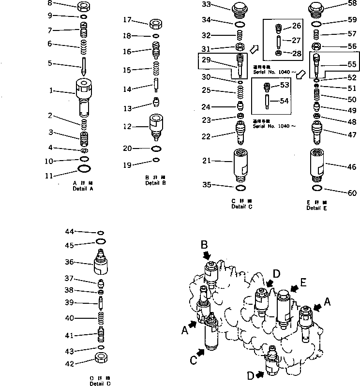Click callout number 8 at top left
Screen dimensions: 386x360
(62, 4)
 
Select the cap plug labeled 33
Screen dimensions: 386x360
(240, 8)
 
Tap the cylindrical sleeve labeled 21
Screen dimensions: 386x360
(240, 164)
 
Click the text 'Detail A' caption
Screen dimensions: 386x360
(83, 188)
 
